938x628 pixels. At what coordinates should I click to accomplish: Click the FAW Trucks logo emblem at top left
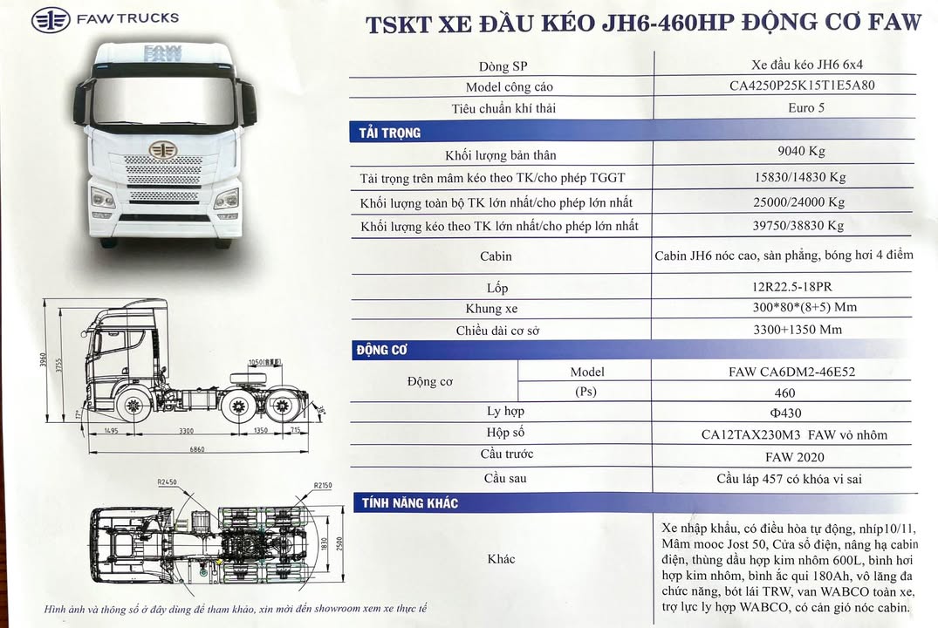(51, 20)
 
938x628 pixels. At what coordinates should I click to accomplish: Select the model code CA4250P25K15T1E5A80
(802, 85)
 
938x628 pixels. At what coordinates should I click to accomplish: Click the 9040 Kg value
(801, 151)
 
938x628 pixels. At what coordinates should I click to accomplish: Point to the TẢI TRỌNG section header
(390, 133)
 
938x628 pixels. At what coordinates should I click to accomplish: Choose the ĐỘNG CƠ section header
(381, 350)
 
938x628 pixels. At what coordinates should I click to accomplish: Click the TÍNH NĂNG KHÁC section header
(410, 503)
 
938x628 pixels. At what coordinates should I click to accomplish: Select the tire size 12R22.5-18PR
(792, 287)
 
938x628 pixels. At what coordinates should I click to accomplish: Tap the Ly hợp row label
(505, 412)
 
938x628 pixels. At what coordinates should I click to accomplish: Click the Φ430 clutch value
(785, 413)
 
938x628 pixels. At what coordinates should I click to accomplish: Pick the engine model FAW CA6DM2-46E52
(791, 372)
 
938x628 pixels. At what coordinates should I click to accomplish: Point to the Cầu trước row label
(506, 454)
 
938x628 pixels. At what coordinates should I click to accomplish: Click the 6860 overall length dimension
(197, 448)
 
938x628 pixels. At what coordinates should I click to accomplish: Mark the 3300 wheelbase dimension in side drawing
(186, 431)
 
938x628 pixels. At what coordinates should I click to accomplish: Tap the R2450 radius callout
(167, 482)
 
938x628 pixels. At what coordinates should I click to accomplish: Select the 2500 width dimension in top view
(339, 543)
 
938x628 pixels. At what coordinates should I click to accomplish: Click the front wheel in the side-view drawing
(133, 405)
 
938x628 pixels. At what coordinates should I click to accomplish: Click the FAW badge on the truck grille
(162, 149)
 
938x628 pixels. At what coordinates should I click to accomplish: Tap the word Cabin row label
(496, 256)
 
